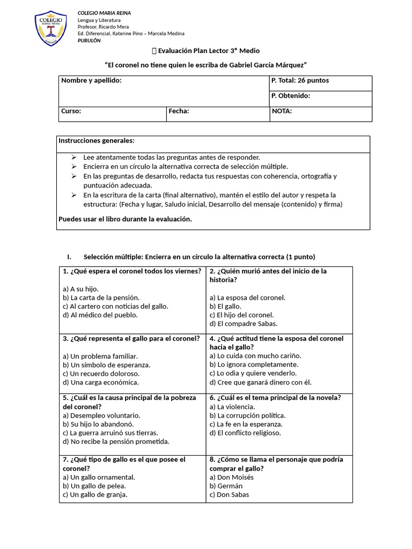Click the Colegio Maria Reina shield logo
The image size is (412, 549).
click(51, 27)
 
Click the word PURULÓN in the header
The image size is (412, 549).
click(89, 41)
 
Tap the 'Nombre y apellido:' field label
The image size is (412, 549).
click(91, 80)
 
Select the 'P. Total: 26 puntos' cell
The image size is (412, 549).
click(300, 80)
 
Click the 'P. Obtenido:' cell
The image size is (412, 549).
click(290, 96)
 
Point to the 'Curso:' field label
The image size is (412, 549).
click(71, 111)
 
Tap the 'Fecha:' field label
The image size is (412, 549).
click(179, 111)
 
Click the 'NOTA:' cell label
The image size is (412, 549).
click(282, 111)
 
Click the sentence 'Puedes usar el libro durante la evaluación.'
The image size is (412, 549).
click(124, 219)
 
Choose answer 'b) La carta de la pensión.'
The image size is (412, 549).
click(101, 298)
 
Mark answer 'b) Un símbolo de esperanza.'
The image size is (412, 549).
click(106, 365)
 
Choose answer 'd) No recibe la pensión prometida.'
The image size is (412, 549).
click(116, 441)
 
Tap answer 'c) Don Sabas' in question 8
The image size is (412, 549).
click(229, 494)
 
